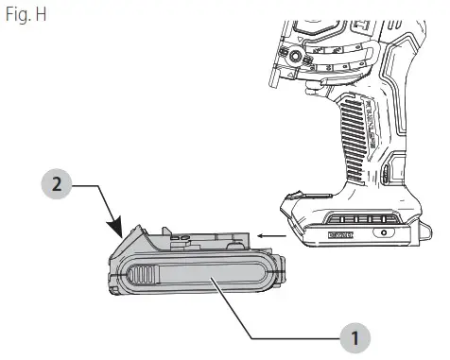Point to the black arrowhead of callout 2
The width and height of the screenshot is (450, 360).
click(x=118, y=229)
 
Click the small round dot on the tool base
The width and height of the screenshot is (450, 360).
click(x=384, y=231)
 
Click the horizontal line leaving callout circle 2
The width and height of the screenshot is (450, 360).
click(x=95, y=186)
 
